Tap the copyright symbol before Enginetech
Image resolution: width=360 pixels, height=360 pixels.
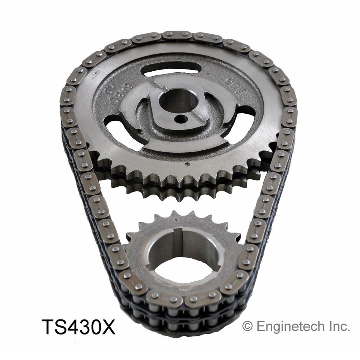coord(247,326)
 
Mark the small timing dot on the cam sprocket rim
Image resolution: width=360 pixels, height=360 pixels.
coord(186,164)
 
